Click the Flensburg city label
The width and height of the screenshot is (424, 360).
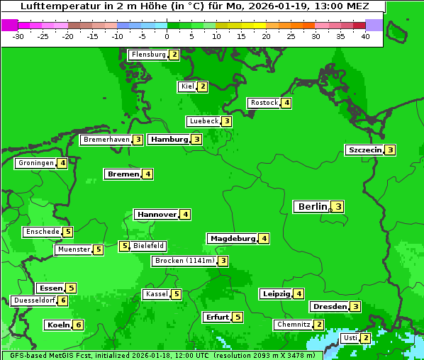click(148, 55)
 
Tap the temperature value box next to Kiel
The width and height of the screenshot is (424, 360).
click(203, 86)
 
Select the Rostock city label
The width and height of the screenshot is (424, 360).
click(264, 103)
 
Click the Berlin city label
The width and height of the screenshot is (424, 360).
click(312, 207)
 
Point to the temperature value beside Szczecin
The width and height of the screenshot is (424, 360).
click(390, 150)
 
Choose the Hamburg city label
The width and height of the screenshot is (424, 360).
click(169, 140)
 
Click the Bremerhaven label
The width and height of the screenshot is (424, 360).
click(106, 140)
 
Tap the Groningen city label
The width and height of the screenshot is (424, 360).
click(36, 163)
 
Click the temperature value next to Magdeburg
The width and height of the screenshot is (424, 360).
click(264, 239)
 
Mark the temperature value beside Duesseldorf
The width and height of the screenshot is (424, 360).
click(63, 300)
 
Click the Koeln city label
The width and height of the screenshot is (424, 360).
click(58, 325)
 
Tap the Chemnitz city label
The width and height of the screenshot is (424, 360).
click(294, 325)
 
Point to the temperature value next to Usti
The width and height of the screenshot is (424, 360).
click(365, 338)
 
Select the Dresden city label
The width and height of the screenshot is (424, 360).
click(329, 307)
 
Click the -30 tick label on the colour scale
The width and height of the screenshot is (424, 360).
click(19, 36)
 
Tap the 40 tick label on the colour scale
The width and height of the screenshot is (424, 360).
click(365, 36)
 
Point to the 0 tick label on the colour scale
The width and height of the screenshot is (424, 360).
click(167, 36)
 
